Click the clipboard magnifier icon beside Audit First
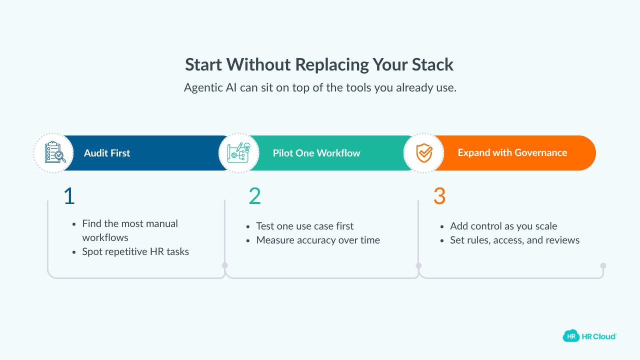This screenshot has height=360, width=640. click(x=53, y=153)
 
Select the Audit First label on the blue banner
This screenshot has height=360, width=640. click(x=107, y=153)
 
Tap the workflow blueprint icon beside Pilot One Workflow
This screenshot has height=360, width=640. click(x=238, y=153)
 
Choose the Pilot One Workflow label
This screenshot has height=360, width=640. click(x=316, y=153)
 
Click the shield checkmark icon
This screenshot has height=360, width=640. click(x=424, y=153)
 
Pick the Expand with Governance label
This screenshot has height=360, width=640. click(x=512, y=153)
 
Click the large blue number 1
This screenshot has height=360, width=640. click(x=69, y=196)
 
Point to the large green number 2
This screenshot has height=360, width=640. click(x=254, y=196)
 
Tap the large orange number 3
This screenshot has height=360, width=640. click(x=439, y=196)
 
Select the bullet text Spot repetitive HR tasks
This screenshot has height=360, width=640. click(x=135, y=251)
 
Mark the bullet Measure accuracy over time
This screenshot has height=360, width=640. click(x=318, y=240)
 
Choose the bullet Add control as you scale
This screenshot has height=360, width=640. click(x=503, y=226)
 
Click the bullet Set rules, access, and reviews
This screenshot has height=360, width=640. click(x=514, y=240)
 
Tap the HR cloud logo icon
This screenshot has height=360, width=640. click(x=571, y=336)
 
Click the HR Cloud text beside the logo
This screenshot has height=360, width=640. click(x=599, y=336)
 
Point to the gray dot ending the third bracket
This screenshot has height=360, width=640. click(x=603, y=265)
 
